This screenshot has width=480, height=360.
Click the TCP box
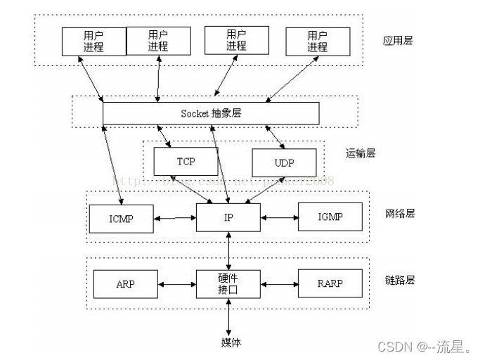click(x=186, y=162)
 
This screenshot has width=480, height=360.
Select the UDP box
click(x=284, y=162)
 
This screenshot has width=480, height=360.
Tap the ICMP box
click(x=121, y=217)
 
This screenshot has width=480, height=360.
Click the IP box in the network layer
click(x=228, y=217)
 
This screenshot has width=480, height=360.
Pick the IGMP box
click(x=330, y=217)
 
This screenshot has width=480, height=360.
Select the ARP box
click(x=124, y=284)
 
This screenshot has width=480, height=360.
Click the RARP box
click(x=330, y=284)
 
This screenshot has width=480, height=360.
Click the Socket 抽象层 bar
click(x=211, y=113)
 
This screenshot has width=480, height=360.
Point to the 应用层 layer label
click(x=398, y=41)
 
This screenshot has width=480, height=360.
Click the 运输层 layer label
click(x=361, y=153)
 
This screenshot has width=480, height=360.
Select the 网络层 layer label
click(x=400, y=213)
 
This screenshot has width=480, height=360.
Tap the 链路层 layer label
click(x=400, y=280)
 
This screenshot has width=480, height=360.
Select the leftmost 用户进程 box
click(x=93, y=41)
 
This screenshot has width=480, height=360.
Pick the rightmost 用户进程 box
click(x=318, y=41)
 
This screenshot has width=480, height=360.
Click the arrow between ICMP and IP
click(x=175, y=218)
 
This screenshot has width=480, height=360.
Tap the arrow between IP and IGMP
click(x=279, y=217)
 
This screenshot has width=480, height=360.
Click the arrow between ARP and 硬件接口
click(x=178, y=285)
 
